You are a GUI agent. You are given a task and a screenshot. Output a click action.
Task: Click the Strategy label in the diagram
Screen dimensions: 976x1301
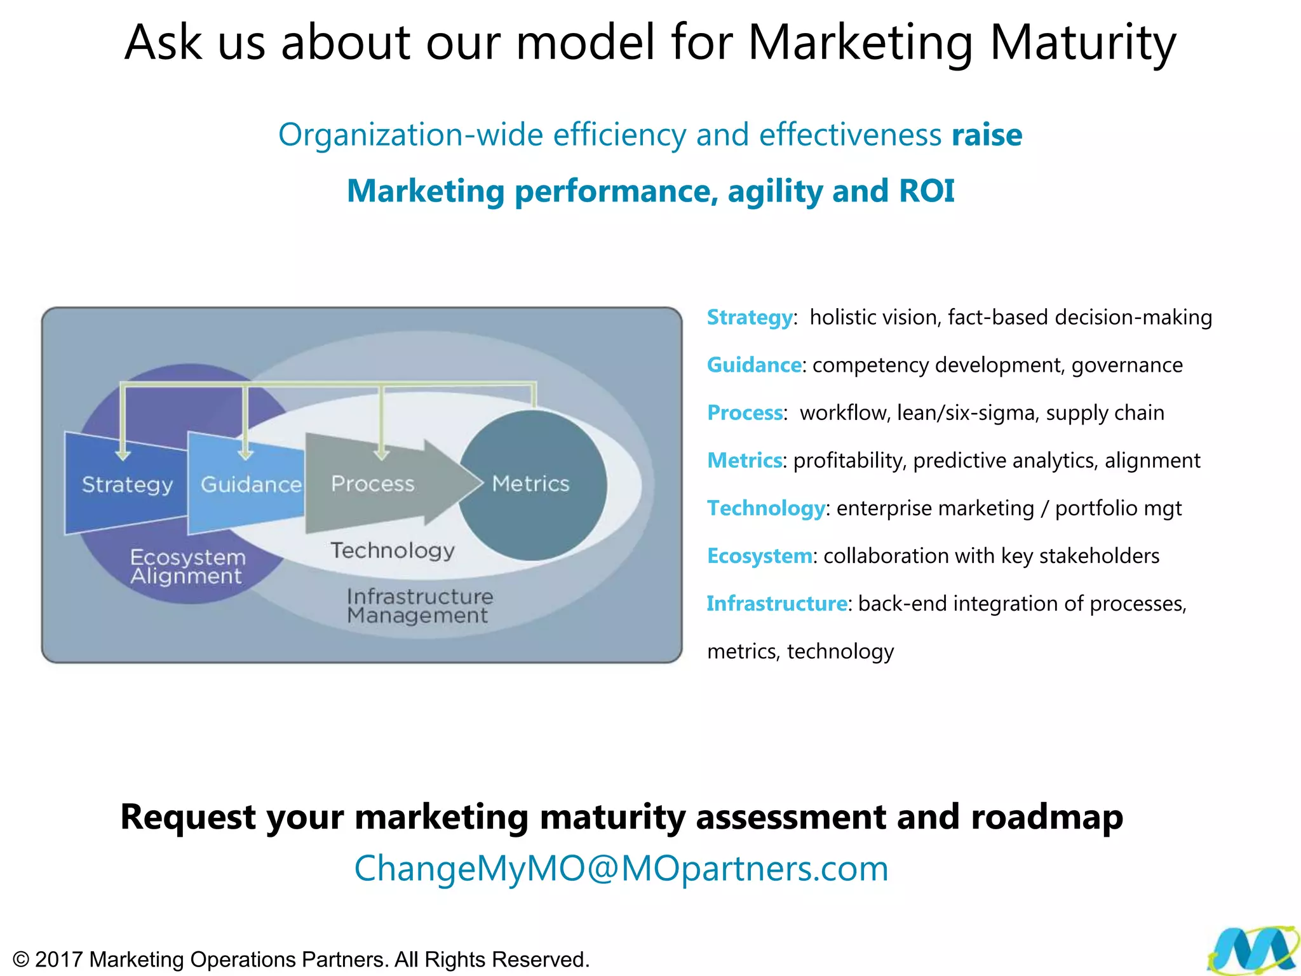[x=127, y=485]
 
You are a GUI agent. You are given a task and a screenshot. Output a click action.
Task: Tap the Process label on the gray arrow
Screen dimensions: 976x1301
[x=373, y=484]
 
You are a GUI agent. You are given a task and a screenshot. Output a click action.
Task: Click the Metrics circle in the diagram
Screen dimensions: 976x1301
[x=532, y=484]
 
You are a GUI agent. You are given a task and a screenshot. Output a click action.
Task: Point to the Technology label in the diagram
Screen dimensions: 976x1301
[x=393, y=550]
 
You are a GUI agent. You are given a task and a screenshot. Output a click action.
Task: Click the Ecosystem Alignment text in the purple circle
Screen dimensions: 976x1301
[x=187, y=567]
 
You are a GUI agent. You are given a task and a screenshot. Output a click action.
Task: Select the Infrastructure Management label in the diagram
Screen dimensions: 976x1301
[x=419, y=606]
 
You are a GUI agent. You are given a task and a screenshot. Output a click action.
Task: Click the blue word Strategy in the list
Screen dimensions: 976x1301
[x=750, y=317]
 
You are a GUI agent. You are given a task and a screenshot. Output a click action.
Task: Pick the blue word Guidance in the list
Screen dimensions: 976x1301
[x=754, y=365]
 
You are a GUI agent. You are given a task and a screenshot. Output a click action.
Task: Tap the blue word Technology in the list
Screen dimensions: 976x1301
[x=765, y=508]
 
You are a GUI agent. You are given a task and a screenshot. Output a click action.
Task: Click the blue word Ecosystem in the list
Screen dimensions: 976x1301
[x=759, y=555]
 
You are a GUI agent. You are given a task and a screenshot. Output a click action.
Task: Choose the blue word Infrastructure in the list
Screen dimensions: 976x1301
[x=776, y=603]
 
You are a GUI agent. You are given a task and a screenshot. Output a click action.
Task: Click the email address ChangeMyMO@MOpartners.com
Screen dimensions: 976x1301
[x=621, y=869]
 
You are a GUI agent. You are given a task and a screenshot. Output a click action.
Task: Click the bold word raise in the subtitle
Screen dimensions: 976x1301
[x=987, y=135]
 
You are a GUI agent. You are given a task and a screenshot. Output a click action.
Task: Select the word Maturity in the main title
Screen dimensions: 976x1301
[x=1082, y=43]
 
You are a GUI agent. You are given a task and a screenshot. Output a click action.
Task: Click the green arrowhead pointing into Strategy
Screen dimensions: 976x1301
[x=123, y=454]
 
